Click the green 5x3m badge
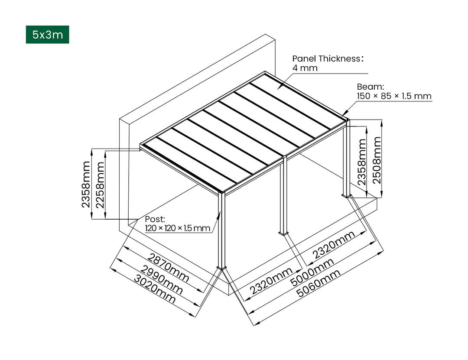(x=47, y=35)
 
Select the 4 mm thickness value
(x=305, y=68)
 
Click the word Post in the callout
(x=155, y=219)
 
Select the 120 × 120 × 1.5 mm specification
(x=177, y=228)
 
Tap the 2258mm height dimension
(x=100, y=184)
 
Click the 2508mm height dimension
(x=377, y=160)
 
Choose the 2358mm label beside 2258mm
(x=86, y=184)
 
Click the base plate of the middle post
(x=283, y=234)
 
